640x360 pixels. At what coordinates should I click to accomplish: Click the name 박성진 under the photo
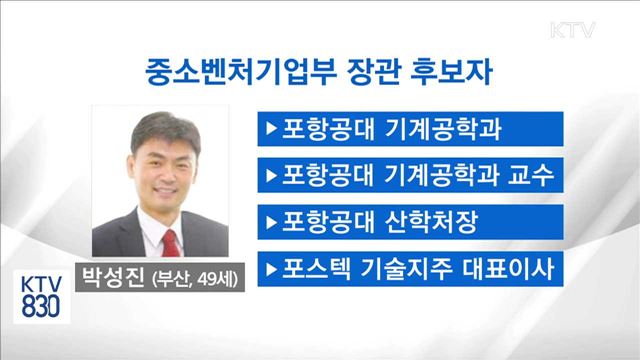(109, 276)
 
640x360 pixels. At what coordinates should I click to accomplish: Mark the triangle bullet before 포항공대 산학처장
(270, 220)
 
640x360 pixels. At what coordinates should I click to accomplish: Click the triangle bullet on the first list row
(270, 128)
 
